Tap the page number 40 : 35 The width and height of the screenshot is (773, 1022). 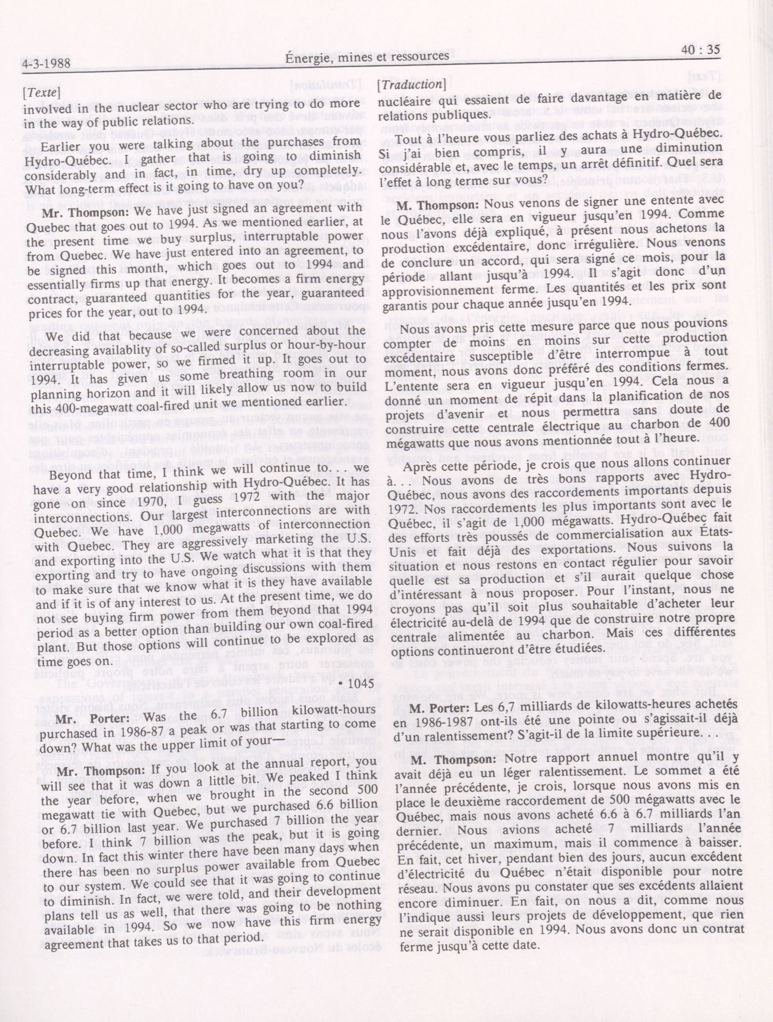(x=701, y=50)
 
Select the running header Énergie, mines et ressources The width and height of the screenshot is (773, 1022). (x=368, y=57)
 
